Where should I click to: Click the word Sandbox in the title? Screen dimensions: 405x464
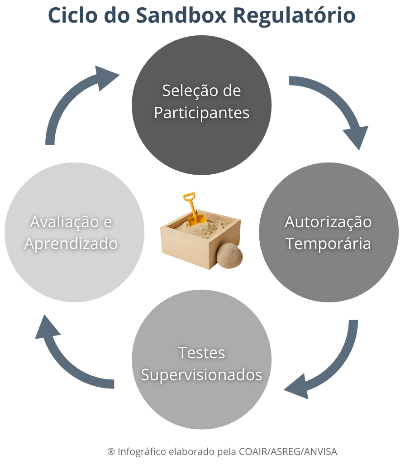(181, 15)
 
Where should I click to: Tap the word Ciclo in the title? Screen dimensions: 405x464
(72, 15)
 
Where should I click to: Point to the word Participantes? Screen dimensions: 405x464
(202, 113)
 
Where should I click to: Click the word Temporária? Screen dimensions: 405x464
(328, 244)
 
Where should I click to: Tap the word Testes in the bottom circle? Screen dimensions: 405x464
(202, 353)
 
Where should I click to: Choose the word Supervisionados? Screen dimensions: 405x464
(202, 375)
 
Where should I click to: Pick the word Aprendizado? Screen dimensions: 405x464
(71, 244)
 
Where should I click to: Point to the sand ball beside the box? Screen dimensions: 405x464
(229, 256)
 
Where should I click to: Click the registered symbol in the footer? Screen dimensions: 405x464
(111, 452)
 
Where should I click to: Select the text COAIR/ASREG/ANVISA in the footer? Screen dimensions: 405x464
(288, 452)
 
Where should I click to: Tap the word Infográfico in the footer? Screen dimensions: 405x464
(142, 452)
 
